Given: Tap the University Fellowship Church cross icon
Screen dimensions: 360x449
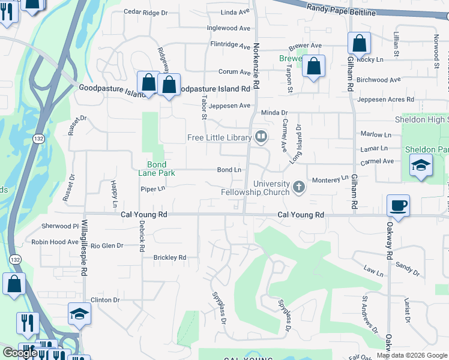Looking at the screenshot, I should [298, 189].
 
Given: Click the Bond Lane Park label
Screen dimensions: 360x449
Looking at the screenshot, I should [157, 169].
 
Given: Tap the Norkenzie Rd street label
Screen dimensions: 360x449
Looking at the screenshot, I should [256, 66].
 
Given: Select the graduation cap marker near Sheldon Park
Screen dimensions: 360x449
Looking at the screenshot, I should [421, 166].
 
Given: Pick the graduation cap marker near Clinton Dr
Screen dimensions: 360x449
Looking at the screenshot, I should [79, 314].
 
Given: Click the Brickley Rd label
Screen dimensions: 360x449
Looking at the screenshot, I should [170, 257].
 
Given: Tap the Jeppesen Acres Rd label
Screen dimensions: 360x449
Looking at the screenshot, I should [385, 100].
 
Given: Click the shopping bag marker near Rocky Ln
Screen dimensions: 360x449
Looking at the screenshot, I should [359, 44].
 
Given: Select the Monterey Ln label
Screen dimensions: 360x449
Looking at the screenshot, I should [330, 179].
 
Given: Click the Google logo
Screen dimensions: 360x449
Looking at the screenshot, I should [20, 353].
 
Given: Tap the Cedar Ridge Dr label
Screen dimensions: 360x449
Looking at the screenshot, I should [145, 12].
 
